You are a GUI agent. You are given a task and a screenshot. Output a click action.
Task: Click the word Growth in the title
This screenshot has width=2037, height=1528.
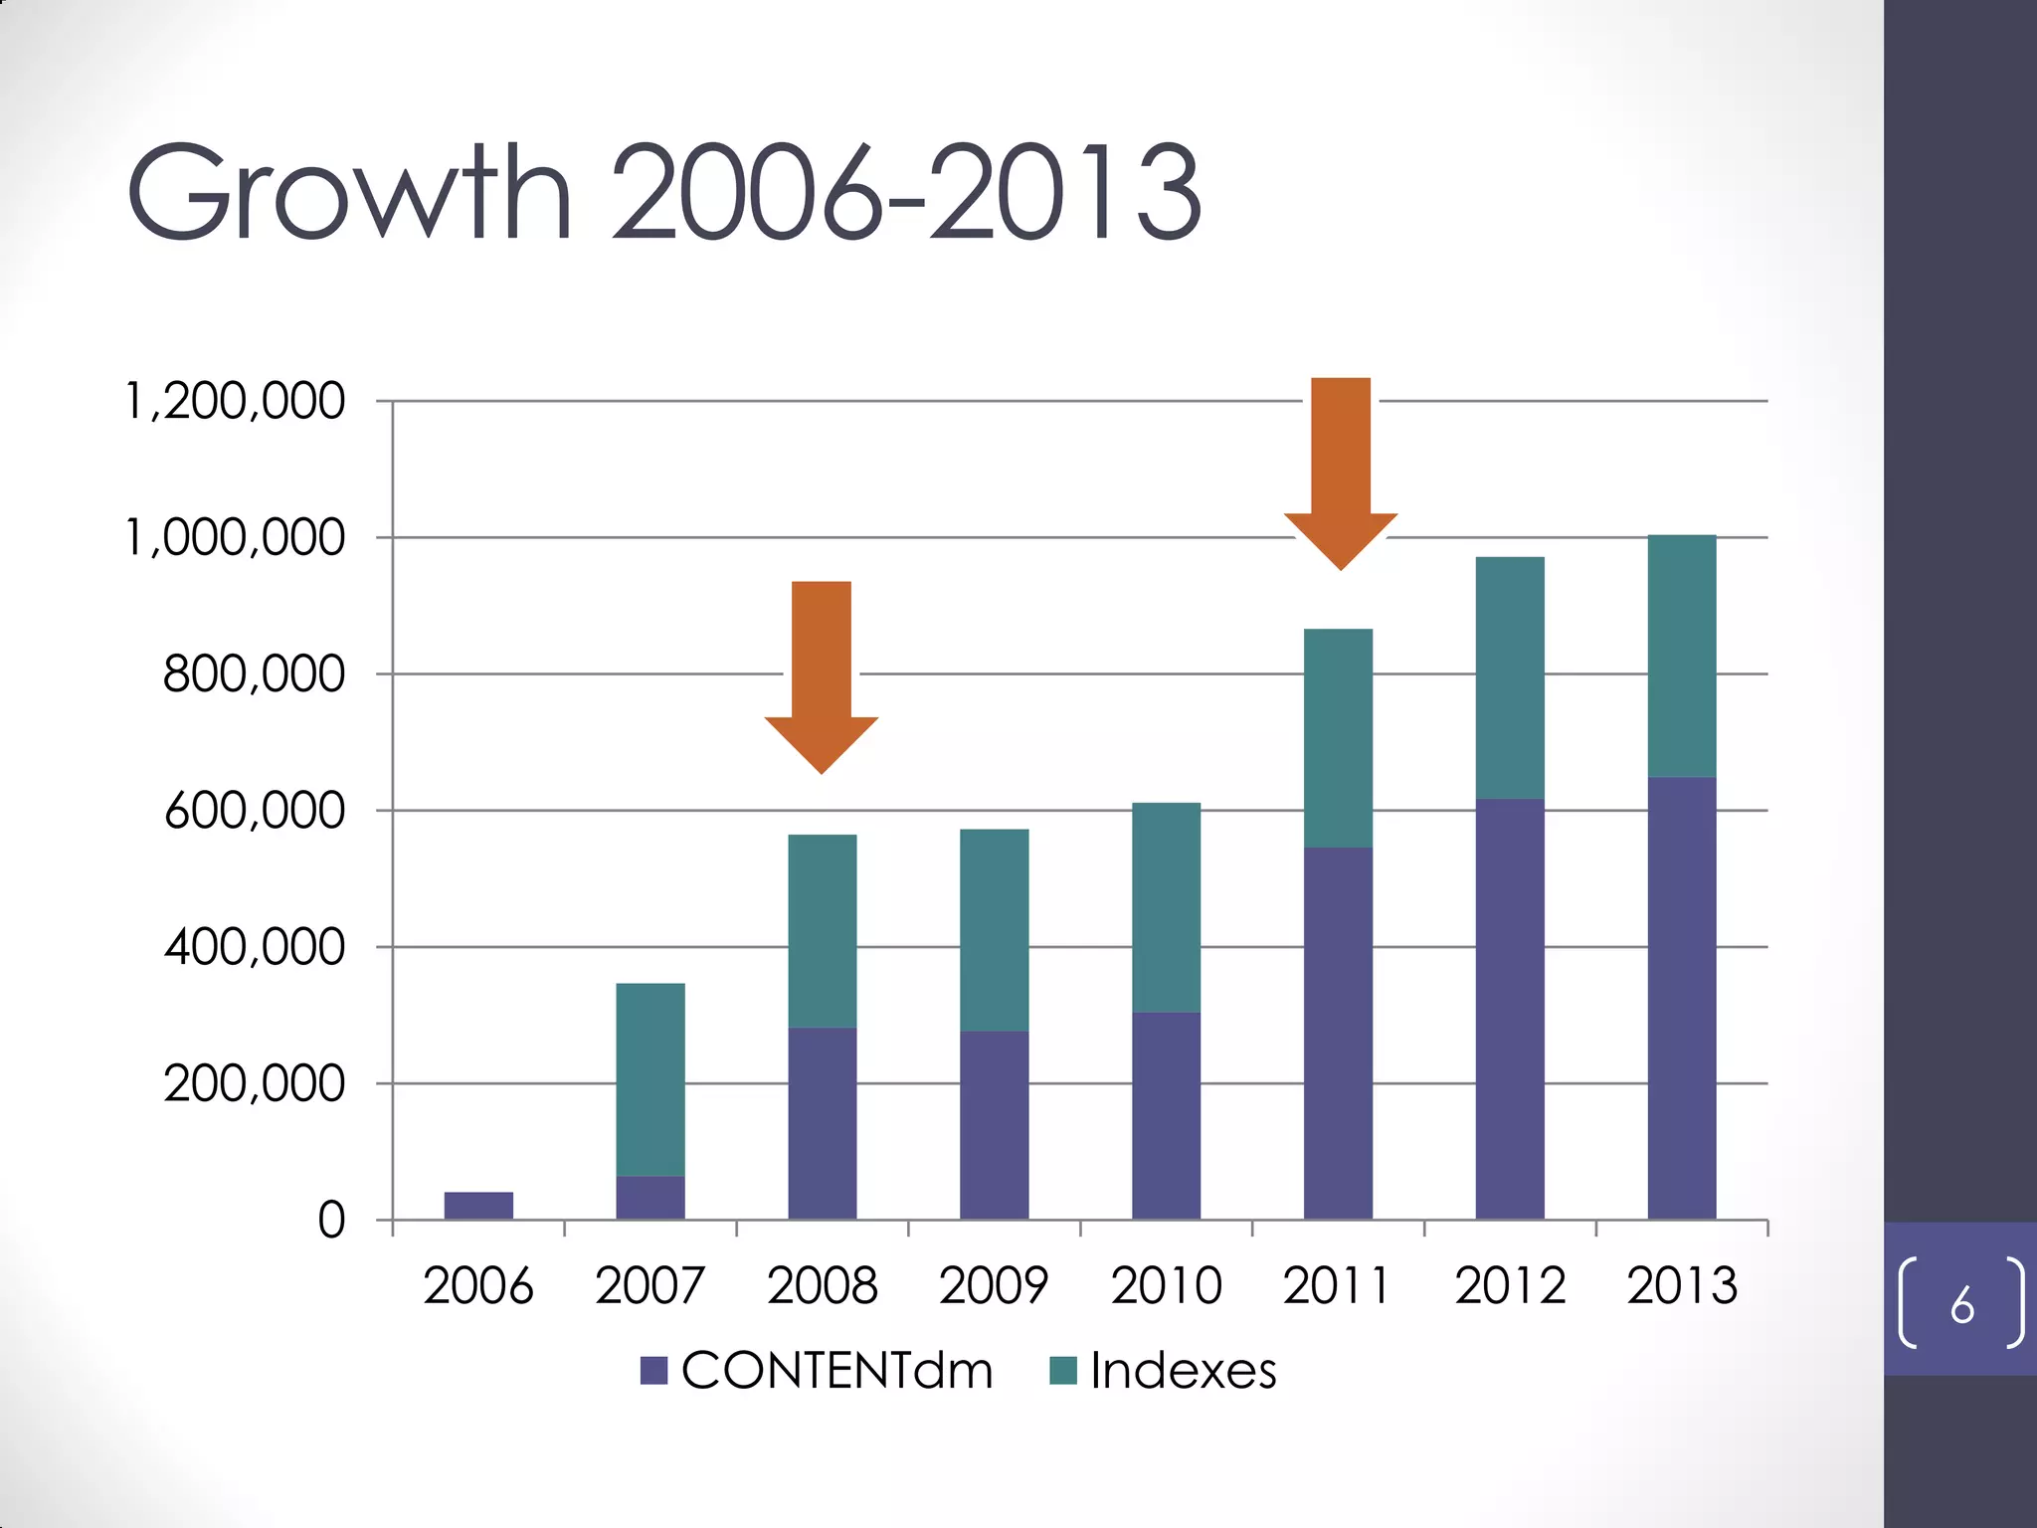[348, 194]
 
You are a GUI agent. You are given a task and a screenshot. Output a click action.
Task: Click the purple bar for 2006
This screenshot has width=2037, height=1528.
[478, 1205]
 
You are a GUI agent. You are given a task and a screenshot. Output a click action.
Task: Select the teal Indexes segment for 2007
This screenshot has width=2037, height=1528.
[650, 1079]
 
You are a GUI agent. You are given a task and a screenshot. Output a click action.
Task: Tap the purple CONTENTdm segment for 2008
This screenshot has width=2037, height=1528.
[823, 1122]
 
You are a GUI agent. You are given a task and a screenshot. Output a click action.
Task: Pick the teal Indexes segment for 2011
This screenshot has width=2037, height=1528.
[1338, 738]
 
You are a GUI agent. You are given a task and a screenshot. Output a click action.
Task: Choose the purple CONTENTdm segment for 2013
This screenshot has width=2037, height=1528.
[1682, 998]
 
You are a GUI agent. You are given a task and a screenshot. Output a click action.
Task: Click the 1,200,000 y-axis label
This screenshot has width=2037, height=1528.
[235, 402]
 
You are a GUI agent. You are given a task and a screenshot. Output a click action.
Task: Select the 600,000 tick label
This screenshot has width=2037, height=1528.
[255, 811]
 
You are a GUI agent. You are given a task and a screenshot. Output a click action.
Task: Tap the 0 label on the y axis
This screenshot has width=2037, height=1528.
[331, 1220]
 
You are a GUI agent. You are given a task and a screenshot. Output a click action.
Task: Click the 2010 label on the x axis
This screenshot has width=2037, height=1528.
[1166, 1285]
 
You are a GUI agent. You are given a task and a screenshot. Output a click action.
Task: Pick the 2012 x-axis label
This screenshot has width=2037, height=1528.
[1510, 1285]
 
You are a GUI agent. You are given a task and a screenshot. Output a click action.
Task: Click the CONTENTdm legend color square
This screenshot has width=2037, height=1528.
[653, 1371]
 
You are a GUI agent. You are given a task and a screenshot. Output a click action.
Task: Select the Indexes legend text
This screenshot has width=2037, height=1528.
[1183, 1371]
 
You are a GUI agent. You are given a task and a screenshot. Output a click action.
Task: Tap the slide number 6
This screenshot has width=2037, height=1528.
[1961, 1304]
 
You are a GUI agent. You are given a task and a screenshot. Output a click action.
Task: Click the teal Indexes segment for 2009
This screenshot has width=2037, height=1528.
[995, 930]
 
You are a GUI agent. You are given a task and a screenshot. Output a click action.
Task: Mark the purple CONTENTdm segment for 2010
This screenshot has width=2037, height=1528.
[1166, 1115]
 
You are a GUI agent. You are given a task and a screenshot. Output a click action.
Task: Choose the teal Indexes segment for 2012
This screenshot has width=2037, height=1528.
[1510, 677]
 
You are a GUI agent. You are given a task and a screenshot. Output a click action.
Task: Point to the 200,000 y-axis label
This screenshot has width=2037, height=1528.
[255, 1083]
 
